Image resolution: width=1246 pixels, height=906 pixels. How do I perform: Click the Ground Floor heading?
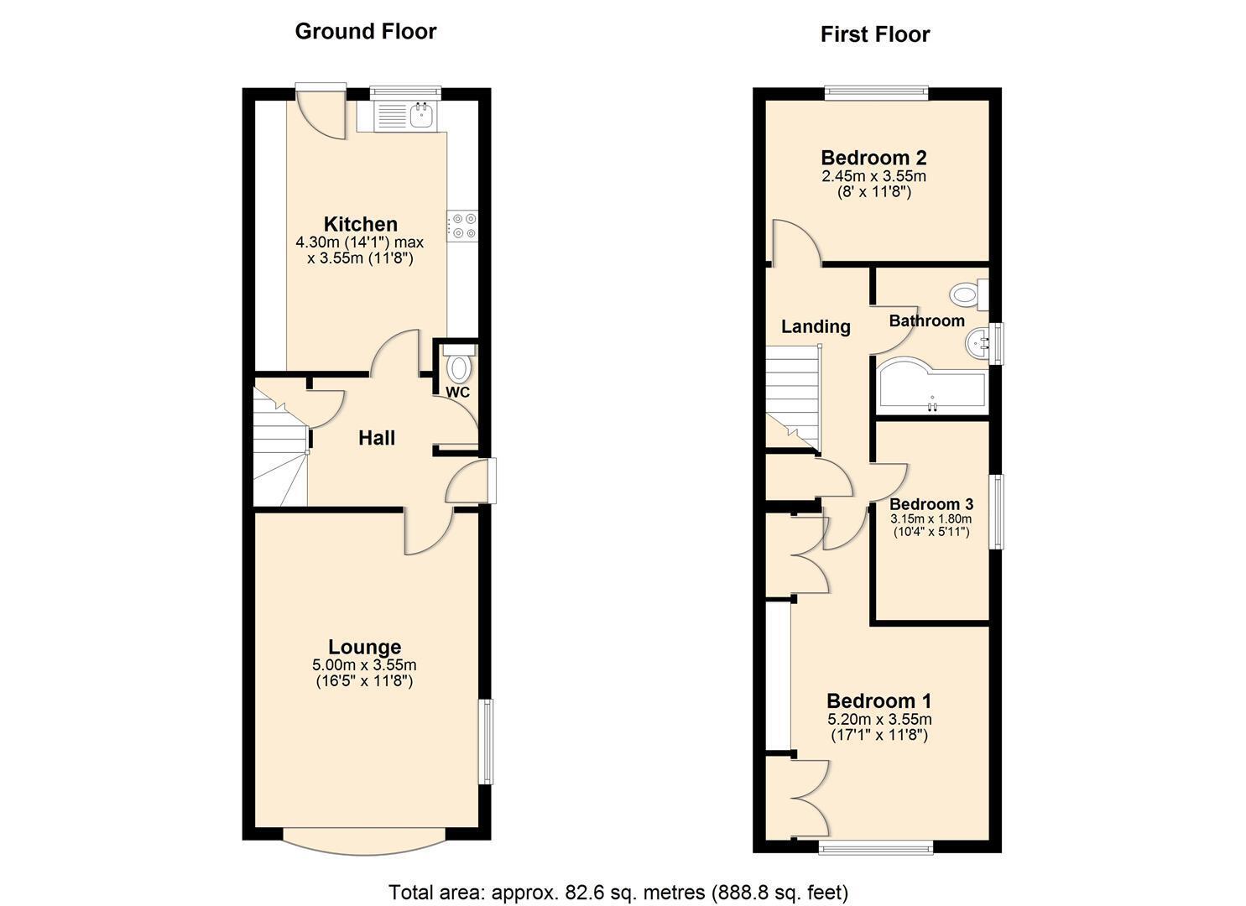point(366,31)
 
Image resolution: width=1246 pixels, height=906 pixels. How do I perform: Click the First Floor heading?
point(875,34)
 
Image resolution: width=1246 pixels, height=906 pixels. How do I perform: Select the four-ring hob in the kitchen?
point(463,226)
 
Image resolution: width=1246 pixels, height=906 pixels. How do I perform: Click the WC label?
point(457,392)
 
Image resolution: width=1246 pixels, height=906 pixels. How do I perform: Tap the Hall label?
point(377,438)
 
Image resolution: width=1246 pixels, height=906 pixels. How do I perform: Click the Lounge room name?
point(364,647)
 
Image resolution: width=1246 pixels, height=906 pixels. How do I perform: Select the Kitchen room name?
point(361,224)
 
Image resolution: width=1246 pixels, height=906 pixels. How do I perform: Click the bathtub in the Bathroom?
point(931,385)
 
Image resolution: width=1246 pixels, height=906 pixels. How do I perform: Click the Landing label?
point(816,326)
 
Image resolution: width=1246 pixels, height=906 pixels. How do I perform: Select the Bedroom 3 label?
point(931,504)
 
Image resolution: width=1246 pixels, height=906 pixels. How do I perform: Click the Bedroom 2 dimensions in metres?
point(873,176)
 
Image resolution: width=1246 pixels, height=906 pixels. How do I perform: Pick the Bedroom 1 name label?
point(878,700)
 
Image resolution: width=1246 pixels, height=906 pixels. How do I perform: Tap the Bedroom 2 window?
point(877,93)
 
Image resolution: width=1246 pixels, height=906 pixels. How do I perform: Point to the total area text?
point(618,892)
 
